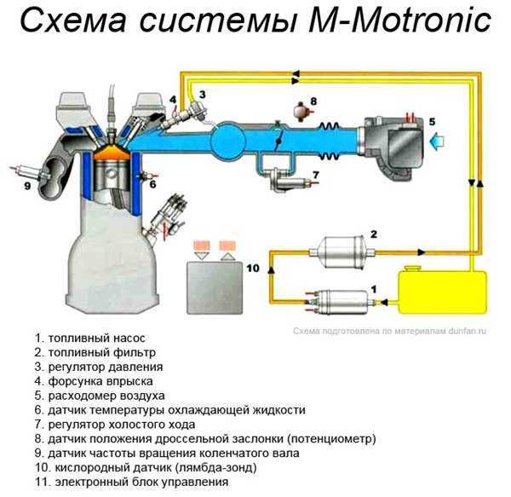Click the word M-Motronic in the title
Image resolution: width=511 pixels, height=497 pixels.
click(399, 20)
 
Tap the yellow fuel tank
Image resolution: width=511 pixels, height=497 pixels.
click(442, 291)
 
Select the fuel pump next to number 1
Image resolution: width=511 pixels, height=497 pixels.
click(339, 303)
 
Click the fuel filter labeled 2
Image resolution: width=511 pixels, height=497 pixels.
click(342, 251)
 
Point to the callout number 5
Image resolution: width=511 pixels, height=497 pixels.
click(432, 122)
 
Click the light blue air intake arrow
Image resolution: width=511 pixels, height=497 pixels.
click(438, 142)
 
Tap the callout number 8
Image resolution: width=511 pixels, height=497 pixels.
click(313, 101)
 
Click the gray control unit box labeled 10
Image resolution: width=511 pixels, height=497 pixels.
click(215, 287)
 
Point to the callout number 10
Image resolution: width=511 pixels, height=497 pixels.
click(253, 268)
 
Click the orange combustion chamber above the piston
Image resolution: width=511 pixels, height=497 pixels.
click(112, 152)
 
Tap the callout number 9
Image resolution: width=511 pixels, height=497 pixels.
click(27, 186)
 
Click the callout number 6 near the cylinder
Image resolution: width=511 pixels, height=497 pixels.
click(152, 184)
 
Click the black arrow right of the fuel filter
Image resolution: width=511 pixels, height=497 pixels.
click(422, 251)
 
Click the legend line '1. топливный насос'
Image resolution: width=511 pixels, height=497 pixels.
click(90, 338)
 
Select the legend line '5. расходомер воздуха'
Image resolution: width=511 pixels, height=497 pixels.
click(100, 396)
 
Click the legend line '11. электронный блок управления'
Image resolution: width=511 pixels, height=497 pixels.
click(132, 482)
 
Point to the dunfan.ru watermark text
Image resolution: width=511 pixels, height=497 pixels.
click(389, 331)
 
